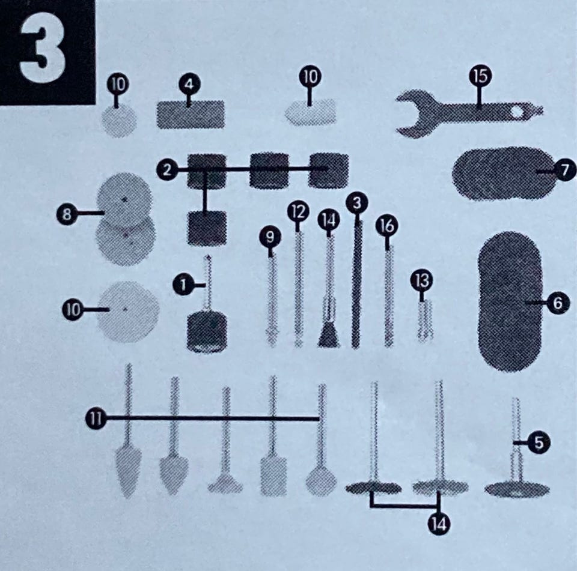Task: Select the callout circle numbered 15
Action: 480,76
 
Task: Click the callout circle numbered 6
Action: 558,303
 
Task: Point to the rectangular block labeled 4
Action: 191,114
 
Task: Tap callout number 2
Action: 167,170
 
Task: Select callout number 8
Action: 67,214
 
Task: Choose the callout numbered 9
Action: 270,237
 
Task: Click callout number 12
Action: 298,212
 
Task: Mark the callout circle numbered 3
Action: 357,203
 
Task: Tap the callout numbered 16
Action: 386,226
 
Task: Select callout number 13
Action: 421,281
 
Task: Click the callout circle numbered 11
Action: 96,418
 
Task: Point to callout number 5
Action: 539,443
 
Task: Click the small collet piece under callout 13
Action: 425,320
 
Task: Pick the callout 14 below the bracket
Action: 439,524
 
